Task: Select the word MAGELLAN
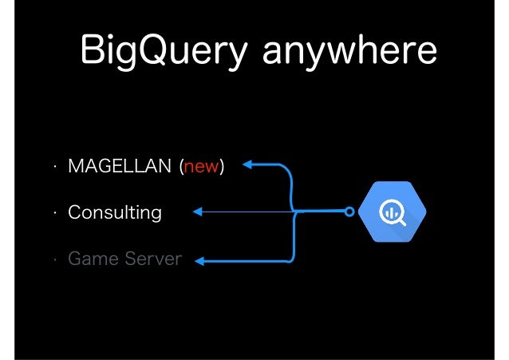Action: point(120,166)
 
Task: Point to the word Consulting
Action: point(114,212)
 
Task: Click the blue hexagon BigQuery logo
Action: point(391,212)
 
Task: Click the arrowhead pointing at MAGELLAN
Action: point(247,165)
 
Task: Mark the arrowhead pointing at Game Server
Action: point(200,259)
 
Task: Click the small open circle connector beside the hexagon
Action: point(349,212)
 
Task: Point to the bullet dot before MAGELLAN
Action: point(53,168)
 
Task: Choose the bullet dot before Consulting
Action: point(53,214)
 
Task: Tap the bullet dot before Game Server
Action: point(53,260)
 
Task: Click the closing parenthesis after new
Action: point(222,166)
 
